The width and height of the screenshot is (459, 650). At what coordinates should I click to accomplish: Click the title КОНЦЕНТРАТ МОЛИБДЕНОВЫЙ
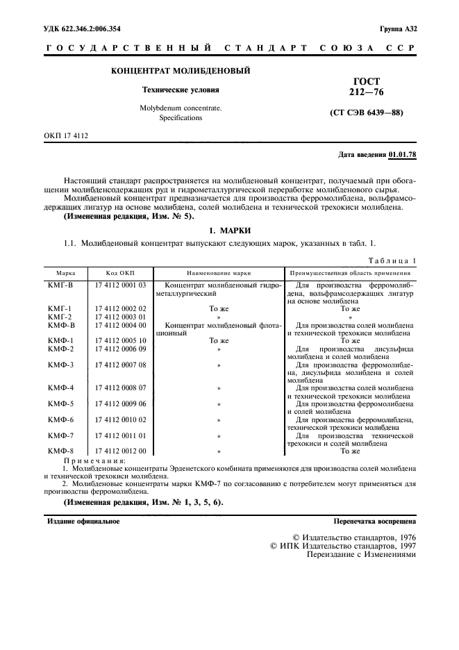coord(181,71)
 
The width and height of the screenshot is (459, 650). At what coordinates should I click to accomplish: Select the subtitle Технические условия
coord(181,90)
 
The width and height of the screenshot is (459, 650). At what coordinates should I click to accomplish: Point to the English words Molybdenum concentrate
coord(181,108)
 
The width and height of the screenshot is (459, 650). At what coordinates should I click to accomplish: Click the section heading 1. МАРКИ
coord(229,230)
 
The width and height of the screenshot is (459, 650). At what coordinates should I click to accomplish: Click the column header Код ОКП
coord(119,274)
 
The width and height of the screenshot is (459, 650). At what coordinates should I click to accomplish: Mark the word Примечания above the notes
coord(94,460)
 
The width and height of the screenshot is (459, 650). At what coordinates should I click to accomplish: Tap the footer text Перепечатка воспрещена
coord(375,520)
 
